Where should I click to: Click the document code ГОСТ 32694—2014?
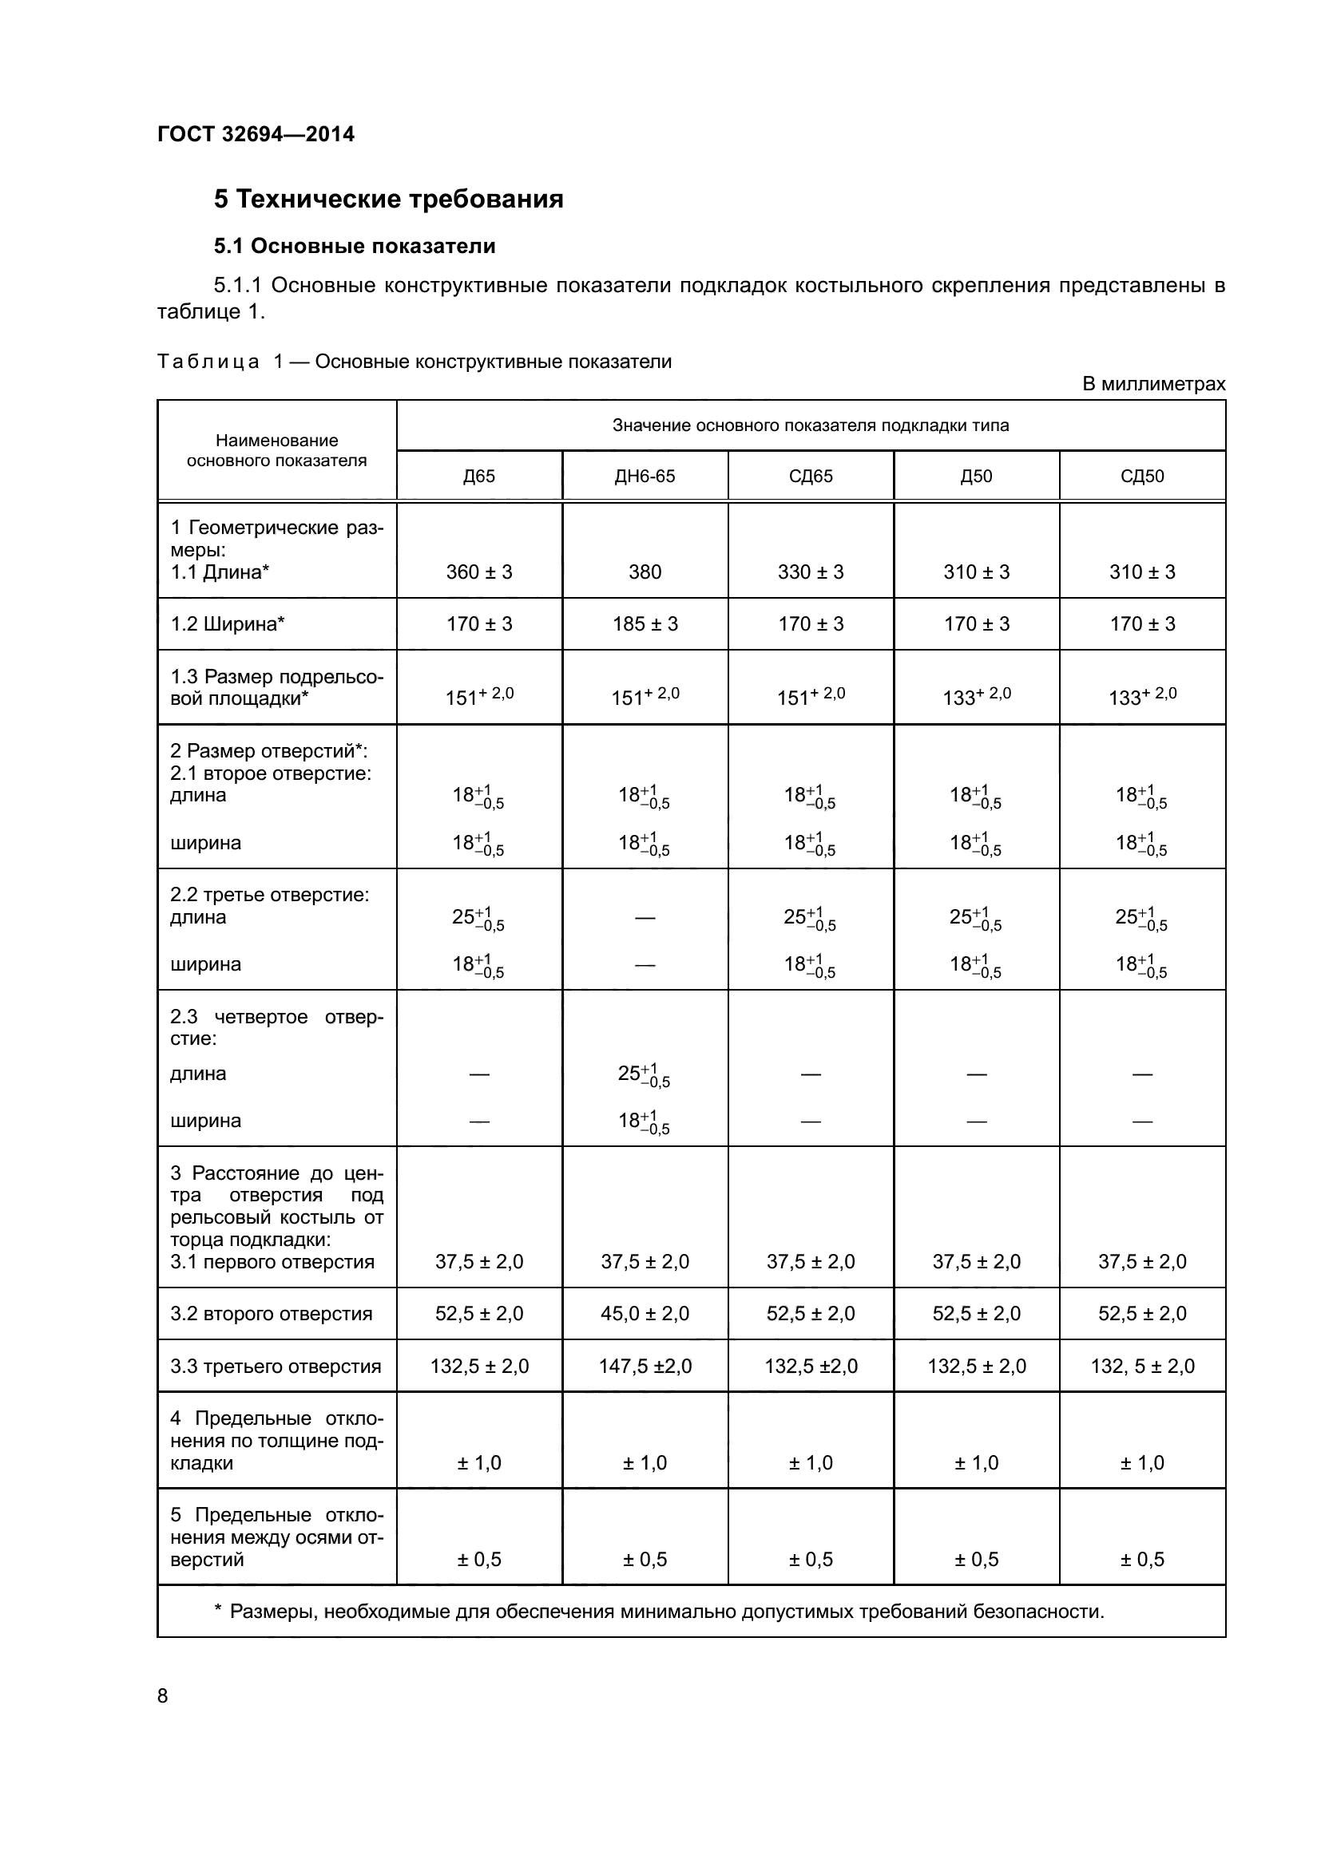pos(256,134)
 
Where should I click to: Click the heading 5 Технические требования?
pos(388,200)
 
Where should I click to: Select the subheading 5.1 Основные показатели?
pos(354,246)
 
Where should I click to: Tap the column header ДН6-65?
pos(645,477)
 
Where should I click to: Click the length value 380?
pos(645,572)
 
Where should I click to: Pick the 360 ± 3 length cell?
pos(479,572)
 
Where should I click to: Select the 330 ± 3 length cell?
pos(810,572)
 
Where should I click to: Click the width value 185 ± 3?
pos(645,624)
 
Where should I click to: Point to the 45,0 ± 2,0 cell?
pos(645,1313)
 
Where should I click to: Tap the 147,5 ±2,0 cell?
pos(645,1366)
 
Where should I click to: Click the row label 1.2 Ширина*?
pos(227,624)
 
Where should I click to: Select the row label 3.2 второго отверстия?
pos(271,1314)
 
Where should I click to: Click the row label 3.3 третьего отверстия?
pos(275,1366)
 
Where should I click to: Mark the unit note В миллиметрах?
pos(1152,385)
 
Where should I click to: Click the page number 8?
pos(163,1696)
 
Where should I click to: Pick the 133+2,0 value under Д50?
pos(976,696)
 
